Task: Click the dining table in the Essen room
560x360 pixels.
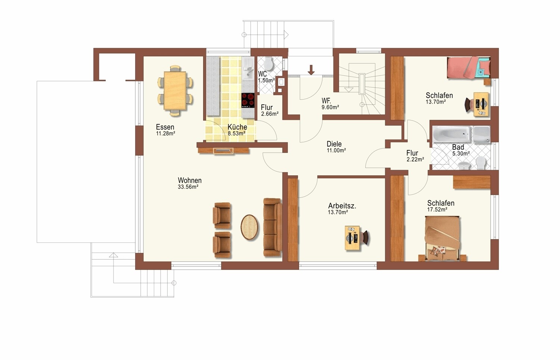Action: pyautogui.click(x=175, y=91)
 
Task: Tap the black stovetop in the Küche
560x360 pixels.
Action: pyautogui.click(x=248, y=100)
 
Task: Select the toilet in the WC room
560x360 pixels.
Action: pyautogui.click(x=269, y=63)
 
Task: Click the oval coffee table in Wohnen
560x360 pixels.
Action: pyautogui.click(x=249, y=227)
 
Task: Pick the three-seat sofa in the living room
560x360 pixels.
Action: pyautogui.click(x=273, y=227)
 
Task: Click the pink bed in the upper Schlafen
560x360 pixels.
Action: pyautogui.click(x=469, y=68)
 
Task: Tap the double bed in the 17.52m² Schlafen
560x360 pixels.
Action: pyautogui.click(x=442, y=239)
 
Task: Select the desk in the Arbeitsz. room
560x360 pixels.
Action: pyautogui.click(x=352, y=238)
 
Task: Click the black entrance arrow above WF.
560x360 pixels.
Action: pyautogui.click(x=311, y=70)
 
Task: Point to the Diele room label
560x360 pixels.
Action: pyautogui.click(x=334, y=144)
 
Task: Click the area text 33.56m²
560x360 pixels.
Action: pyautogui.click(x=188, y=187)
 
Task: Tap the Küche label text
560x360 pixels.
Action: pyautogui.click(x=237, y=127)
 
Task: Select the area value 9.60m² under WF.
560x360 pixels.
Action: pyautogui.click(x=330, y=107)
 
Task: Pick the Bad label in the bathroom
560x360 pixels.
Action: pyautogui.click(x=458, y=147)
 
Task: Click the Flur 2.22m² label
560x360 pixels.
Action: pyautogui.click(x=415, y=156)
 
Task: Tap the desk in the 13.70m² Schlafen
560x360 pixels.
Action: pyautogui.click(x=481, y=104)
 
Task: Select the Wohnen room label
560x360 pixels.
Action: pyautogui.click(x=190, y=180)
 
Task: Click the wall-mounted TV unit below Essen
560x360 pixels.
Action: pyautogui.click(x=223, y=151)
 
